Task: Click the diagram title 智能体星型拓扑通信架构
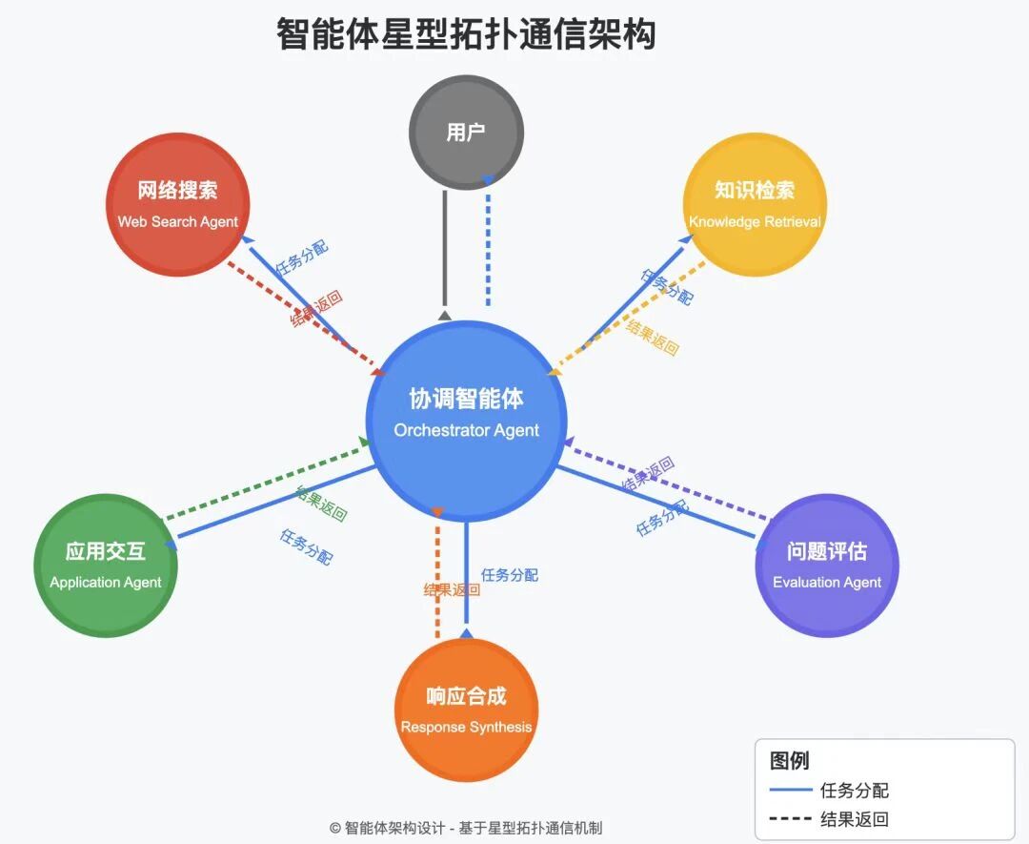[x=466, y=35]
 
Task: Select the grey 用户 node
[x=466, y=133]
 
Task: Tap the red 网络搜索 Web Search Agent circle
[x=177, y=204]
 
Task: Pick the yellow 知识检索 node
[x=755, y=204]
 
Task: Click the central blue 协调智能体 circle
[x=466, y=420]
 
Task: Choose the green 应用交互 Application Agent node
[x=106, y=566]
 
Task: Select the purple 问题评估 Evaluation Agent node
[x=826, y=566]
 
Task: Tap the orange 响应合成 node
[x=466, y=710]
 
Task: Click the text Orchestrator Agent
[x=466, y=430]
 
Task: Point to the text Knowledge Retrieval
[x=755, y=222]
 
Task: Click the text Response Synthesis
[x=466, y=728]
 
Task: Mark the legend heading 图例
[x=789, y=760]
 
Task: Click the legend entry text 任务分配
[x=854, y=791]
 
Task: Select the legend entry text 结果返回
[x=854, y=819]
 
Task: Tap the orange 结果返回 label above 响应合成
[x=452, y=590]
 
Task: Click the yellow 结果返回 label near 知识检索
[x=653, y=339]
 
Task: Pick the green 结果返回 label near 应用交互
[x=321, y=504]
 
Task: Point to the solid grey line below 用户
[x=445, y=248]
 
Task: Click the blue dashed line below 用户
[x=488, y=248]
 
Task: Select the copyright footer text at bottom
[x=466, y=828]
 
